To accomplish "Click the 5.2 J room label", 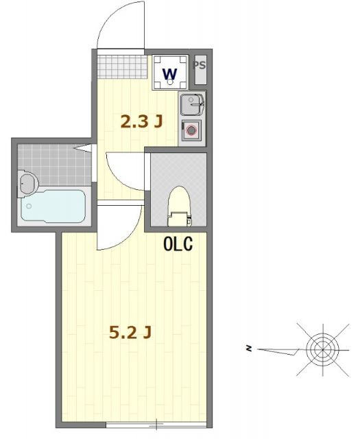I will [x=130, y=333].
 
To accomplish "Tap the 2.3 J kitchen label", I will [x=141, y=122].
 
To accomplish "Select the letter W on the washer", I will [x=169, y=72].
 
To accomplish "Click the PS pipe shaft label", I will [x=200, y=66].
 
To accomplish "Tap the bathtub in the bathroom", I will [x=53, y=205].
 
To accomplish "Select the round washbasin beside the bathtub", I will [x=28, y=183].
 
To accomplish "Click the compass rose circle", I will [x=321, y=349].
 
